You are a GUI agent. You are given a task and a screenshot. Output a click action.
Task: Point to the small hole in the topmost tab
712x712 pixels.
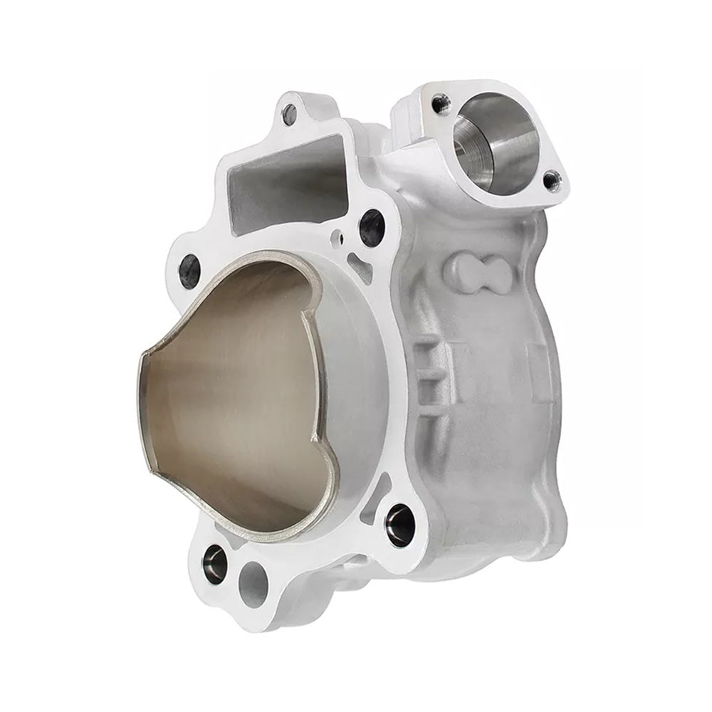coord(289,113)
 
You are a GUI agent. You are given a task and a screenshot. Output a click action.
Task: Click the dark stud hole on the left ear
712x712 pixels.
coord(190,271)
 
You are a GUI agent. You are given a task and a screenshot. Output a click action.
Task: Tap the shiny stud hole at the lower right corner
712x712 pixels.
coord(399,525)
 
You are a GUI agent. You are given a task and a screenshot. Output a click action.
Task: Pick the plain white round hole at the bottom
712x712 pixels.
coord(253,585)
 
